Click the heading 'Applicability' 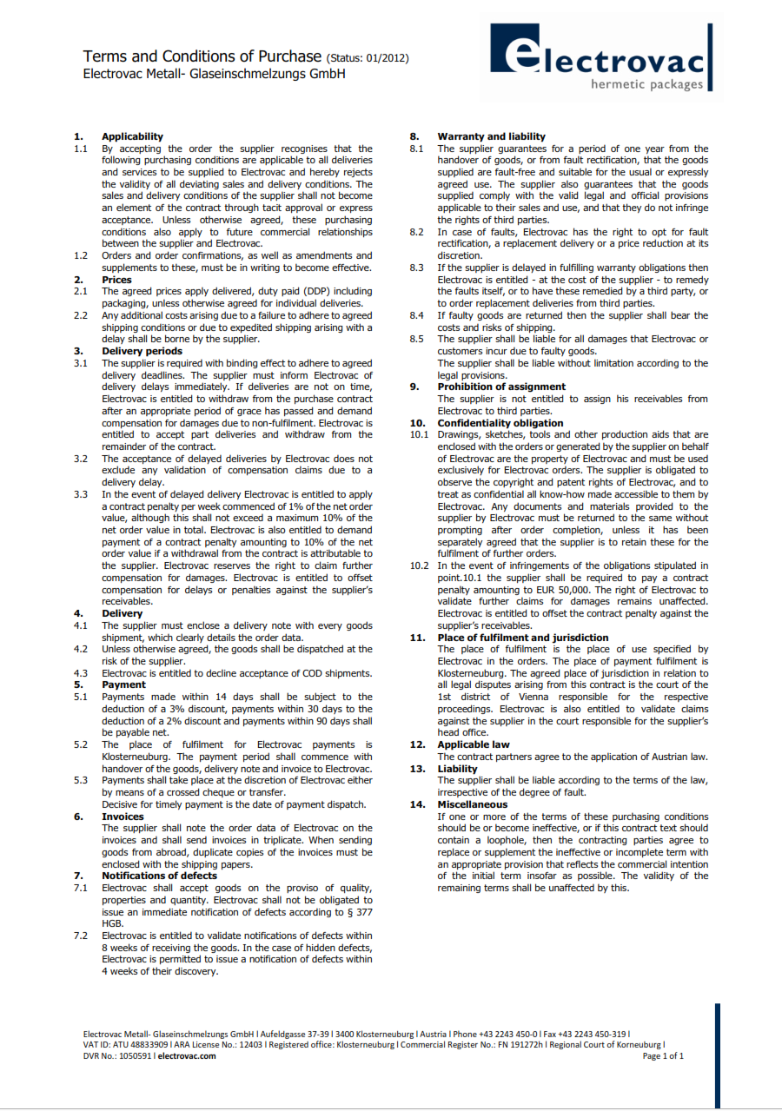tap(132, 136)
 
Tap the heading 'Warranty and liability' tap(491, 136)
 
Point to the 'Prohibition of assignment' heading tap(500, 387)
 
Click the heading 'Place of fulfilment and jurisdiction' tap(522, 638)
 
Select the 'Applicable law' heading tap(474, 744)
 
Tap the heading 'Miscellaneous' tap(472, 804)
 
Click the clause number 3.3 tap(81, 494)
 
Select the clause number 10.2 tap(419, 565)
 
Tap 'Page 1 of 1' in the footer tap(663, 1056)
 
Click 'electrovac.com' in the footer tap(187, 1056)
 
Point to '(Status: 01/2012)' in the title tap(367, 58)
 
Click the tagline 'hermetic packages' tap(646, 84)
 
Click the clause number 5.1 tap(81, 697)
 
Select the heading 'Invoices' tap(123, 817)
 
